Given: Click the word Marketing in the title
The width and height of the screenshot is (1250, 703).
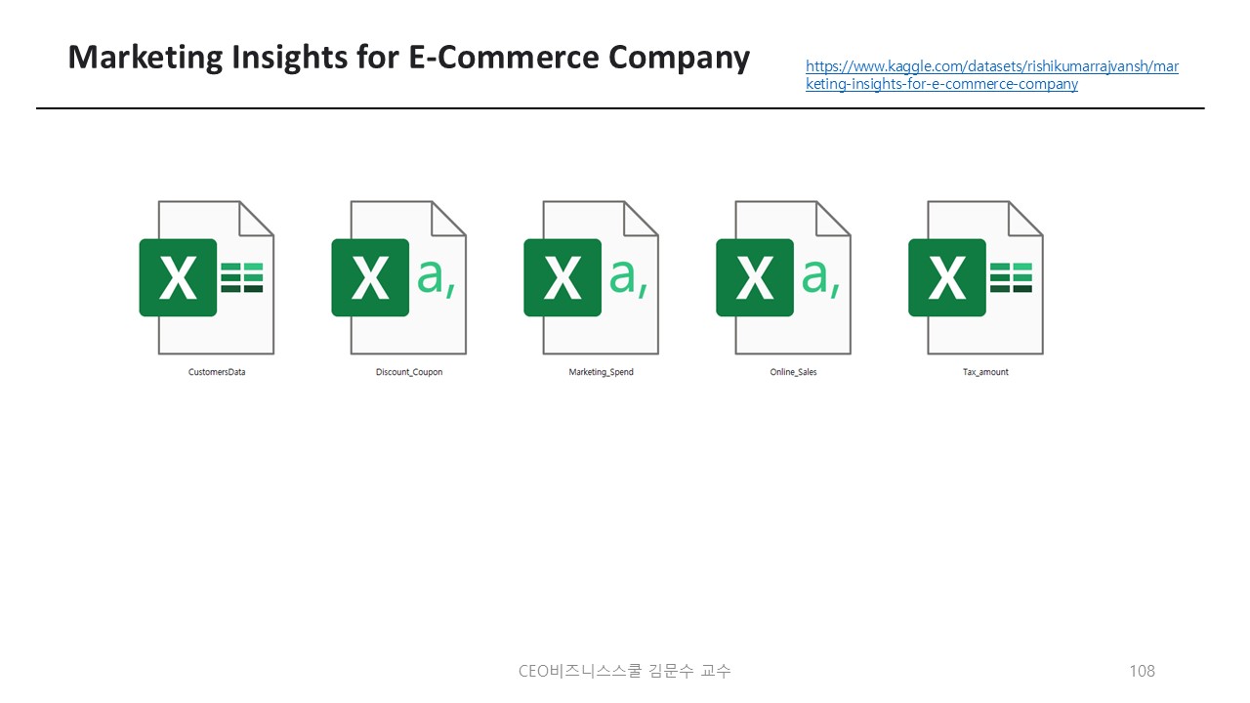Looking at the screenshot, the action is pos(146,58).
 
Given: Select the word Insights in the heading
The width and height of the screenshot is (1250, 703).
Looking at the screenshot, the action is pos(290,58).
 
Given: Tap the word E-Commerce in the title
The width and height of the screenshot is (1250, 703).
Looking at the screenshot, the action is pos(504,57).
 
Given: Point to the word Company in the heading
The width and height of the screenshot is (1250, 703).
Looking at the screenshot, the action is pos(679,58).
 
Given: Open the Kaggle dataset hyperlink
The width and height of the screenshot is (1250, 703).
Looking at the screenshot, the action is pos(991,75).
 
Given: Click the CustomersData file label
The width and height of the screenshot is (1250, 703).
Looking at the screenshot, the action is pos(217,372).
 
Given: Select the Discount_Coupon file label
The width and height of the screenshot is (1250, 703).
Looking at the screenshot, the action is pos(409,372).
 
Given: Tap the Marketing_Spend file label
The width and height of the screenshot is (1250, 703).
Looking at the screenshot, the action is pos(601,372).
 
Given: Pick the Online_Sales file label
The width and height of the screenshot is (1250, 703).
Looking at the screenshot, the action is pos(793,372).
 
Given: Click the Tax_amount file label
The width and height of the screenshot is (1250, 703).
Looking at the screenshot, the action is pos(985,372).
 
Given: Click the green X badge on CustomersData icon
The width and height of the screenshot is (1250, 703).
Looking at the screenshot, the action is pos(178,278).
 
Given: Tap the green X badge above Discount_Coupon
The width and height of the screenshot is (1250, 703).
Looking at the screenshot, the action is pos(370,278).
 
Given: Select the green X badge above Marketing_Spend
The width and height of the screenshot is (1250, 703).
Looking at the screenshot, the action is pos(562,278).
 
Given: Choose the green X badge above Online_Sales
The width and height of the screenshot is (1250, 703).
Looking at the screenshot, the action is pos(755,278).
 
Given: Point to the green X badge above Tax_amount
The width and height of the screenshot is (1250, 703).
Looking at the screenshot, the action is pos(947,278).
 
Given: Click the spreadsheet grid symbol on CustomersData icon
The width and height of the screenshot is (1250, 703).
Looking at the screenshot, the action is pos(241,278).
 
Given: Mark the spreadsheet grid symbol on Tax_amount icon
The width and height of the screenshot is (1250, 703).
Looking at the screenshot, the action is pos(1011,278).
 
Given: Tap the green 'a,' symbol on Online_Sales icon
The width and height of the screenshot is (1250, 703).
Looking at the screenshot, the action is pos(820,278).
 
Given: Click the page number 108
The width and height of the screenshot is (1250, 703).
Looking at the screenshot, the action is pos(1142,671).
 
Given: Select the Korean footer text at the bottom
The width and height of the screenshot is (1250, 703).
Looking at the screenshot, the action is pos(624,671).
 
